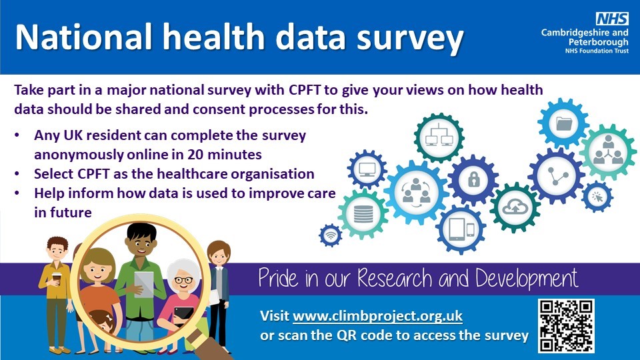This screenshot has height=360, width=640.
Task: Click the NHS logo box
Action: (x=612, y=19)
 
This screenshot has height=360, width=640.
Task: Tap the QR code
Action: (x=567, y=326)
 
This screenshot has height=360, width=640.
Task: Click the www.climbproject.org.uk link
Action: (x=377, y=316)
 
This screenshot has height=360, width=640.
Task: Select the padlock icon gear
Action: (x=473, y=179)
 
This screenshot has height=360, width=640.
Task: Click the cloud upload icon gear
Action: (x=515, y=208)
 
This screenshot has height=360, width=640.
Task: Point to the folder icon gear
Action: (x=563, y=123)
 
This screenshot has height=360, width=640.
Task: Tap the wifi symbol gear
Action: (x=331, y=235)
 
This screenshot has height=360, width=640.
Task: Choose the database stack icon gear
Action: (x=363, y=214)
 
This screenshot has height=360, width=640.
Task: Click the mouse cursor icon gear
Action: (x=597, y=197)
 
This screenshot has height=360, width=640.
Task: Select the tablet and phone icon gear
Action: (x=461, y=230)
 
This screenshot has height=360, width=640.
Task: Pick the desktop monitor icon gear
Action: (x=367, y=169)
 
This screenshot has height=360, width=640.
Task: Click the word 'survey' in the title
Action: (x=410, y=37)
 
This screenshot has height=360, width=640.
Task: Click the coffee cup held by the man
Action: (x=56, y=279)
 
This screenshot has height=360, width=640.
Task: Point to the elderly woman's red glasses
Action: (x=184, y=280)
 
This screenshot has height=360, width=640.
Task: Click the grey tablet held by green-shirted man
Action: (x=144, y=284)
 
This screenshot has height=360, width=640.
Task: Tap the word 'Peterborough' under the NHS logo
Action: (x=599, y=41)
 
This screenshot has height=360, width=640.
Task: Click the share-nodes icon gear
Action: (x=556, y=176)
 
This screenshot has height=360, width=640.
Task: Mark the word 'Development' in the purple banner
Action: (x=527, y=279)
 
